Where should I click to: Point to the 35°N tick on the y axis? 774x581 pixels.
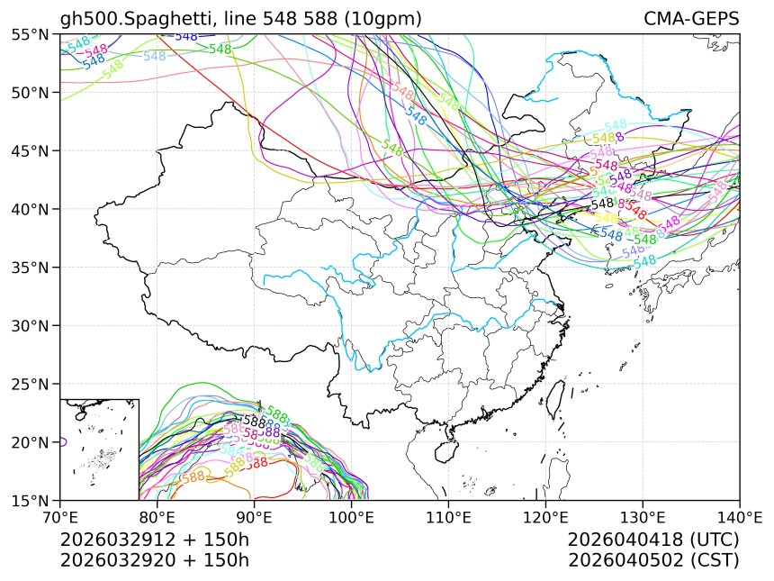click(59, 268)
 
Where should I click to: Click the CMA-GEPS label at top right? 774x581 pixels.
click(691, 19)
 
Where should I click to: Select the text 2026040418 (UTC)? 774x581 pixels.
click(653, 540)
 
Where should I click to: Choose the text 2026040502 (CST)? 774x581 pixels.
click(653, 559)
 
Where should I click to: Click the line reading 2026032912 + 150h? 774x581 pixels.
click(154, 540)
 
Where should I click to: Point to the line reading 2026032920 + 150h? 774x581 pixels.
click(154, 559)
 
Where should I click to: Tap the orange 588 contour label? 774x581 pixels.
click(193, 477)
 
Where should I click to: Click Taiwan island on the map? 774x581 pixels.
click(555, 394)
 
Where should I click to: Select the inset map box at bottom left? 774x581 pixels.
click(99, 449)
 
